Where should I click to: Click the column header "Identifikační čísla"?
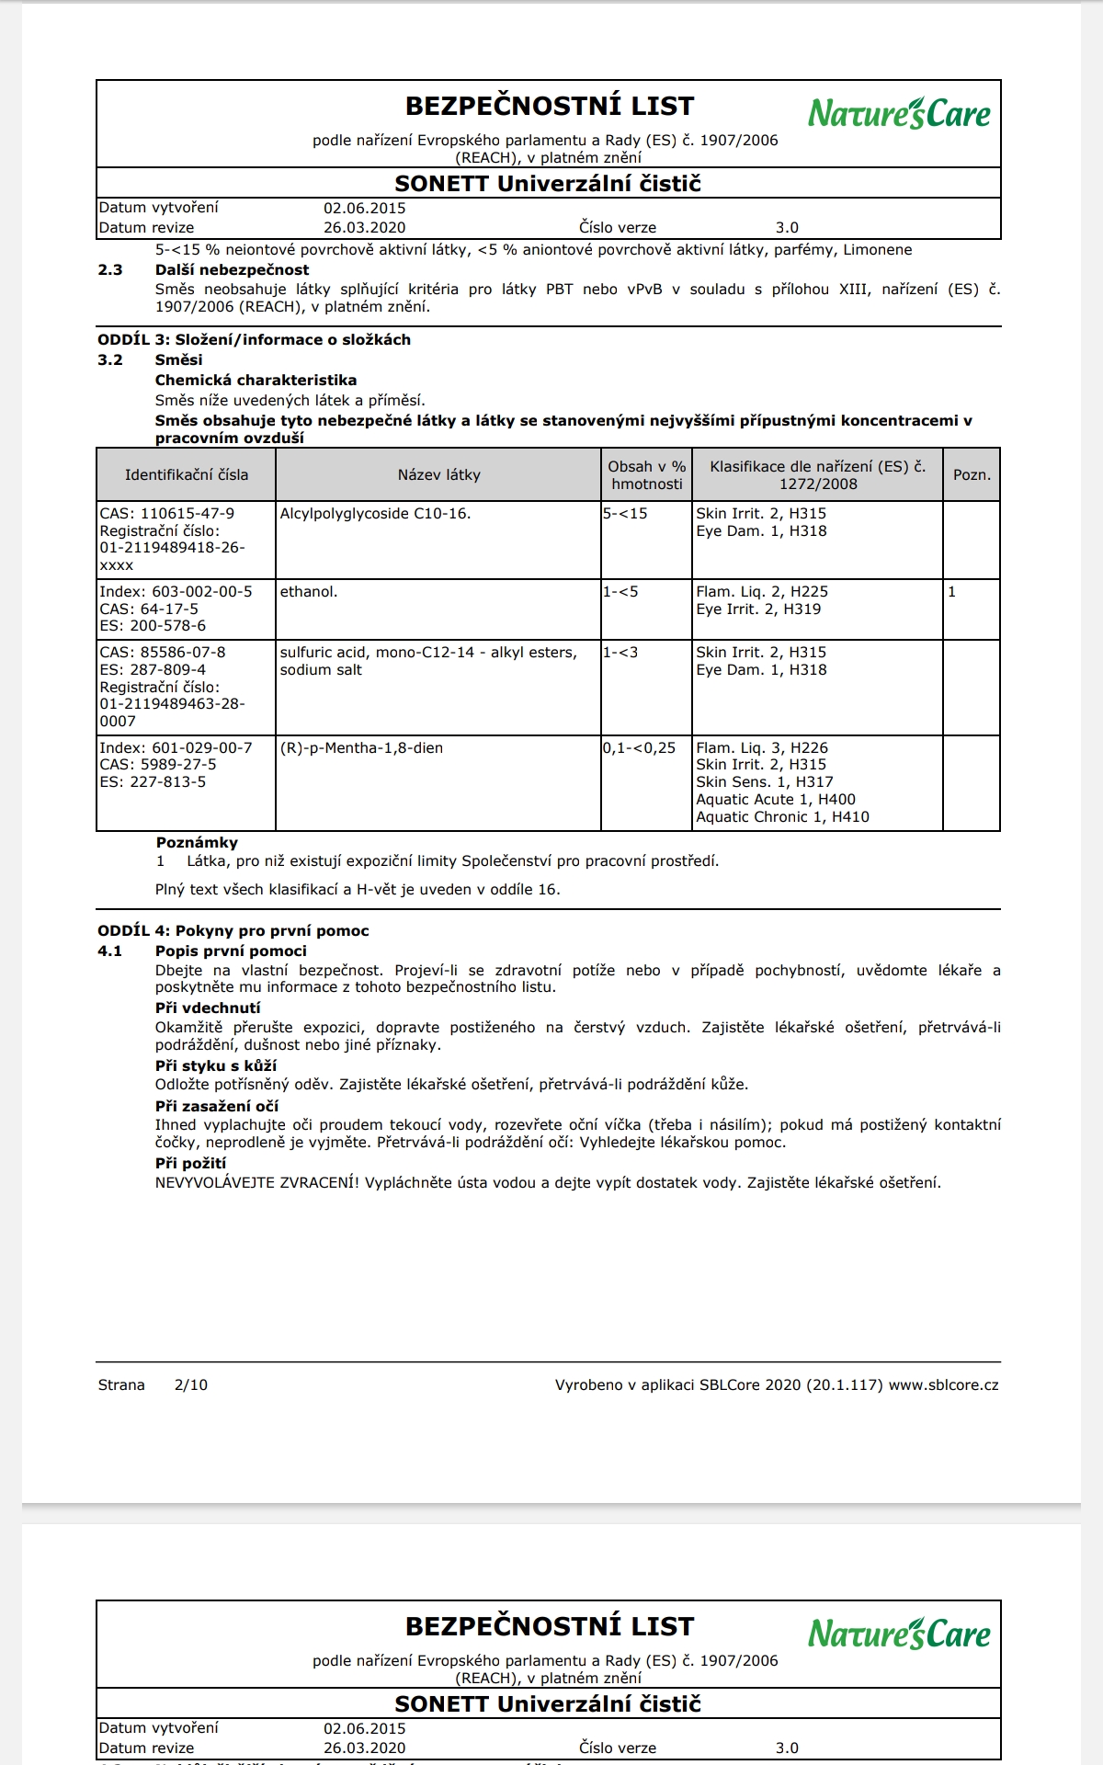click(187, 475)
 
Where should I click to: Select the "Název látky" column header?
click(438, 475)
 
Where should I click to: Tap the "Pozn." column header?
click(972, 475)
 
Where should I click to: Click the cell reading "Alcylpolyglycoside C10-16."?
click(375, 514)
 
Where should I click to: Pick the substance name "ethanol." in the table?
click(309, 592)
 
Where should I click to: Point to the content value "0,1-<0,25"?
click(640, 748)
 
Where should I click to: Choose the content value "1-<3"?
click(620, 653)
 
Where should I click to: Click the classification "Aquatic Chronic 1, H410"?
click(782, 817)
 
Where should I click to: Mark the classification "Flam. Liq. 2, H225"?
click(762, 592)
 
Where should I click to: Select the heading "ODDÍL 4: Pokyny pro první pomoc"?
click(233, 931)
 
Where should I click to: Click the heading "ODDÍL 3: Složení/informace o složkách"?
click(255, 340)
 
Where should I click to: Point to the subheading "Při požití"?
click(190, 1164)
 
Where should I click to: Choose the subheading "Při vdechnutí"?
click(208, 1008)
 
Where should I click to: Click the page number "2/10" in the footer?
click(190, 1385)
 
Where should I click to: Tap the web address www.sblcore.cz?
click(943, 1385)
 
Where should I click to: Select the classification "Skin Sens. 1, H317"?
click(765, 782)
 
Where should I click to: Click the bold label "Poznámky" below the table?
click(197, 843)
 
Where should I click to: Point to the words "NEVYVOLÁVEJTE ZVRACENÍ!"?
click(256, 1183)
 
